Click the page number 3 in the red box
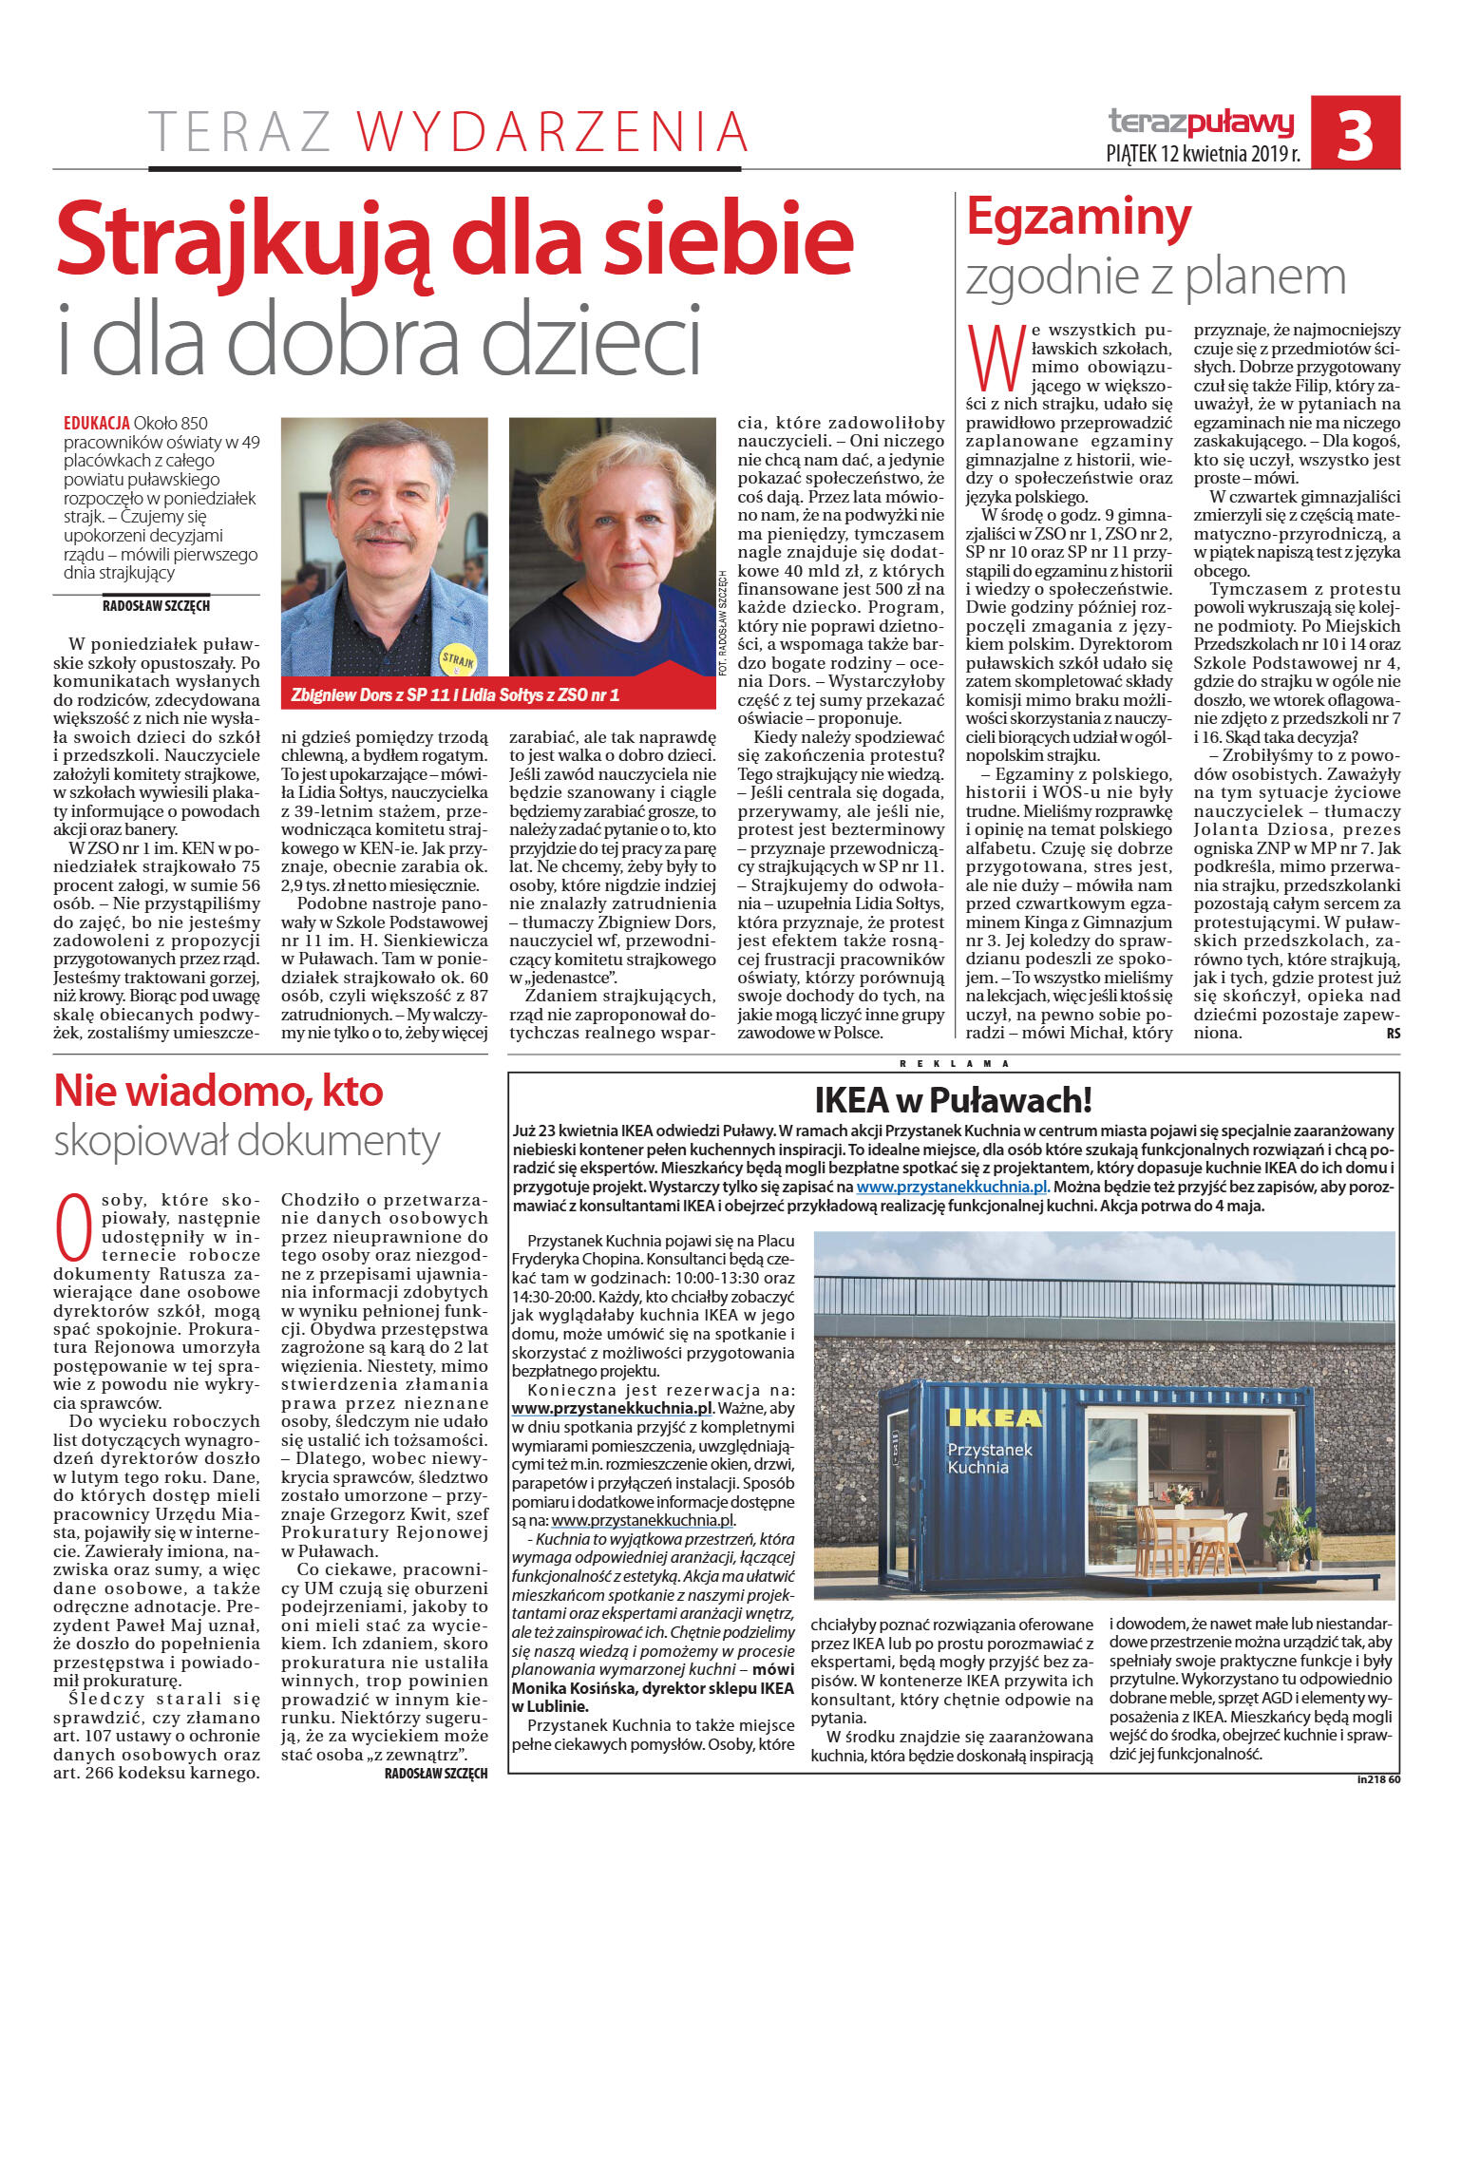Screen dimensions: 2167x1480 tap(1355, 134)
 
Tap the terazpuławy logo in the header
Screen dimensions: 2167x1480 tap(1201, 122)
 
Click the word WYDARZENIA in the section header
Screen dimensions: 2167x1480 tap(553, 132)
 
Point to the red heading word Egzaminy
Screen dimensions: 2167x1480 tap(1078, 219)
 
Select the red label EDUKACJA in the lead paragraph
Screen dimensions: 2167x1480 tap(97, 424)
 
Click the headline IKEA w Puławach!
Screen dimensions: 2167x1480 tap(953, 1100)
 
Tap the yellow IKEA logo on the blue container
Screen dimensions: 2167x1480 tap(994, 1418)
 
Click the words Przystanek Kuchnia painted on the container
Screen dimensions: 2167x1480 tap(989, 1457)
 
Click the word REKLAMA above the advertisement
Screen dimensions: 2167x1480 tap(954, 1064)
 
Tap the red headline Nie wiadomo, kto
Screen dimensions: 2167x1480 tap(218, 1091)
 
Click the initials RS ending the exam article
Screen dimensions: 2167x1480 tap(1393, 1033)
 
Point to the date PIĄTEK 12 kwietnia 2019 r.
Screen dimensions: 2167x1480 tap(1203, 154)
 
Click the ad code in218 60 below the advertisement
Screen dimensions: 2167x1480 tap(1378, 1779)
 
